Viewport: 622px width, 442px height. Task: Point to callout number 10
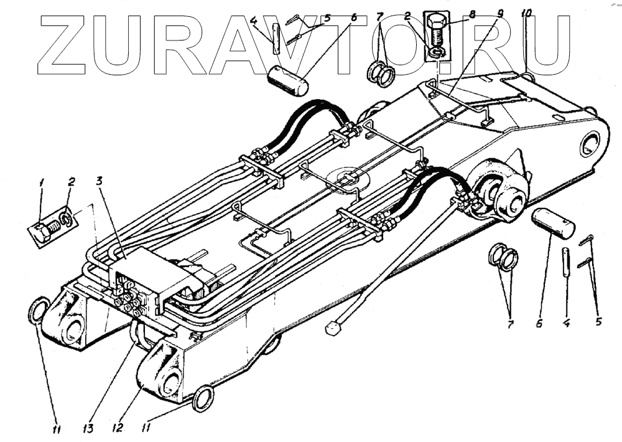(526, 12)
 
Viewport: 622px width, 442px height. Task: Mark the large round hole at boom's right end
(588, 146)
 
